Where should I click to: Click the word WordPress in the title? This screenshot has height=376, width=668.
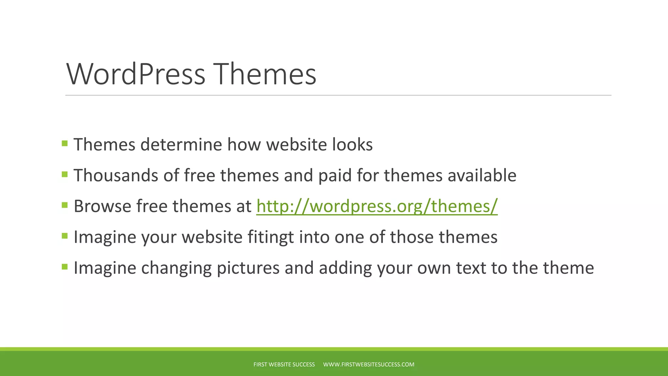136,74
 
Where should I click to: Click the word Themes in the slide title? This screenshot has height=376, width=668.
265,74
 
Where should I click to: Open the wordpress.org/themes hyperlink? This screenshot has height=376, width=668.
377,206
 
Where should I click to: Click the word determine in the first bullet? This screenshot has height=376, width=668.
181,145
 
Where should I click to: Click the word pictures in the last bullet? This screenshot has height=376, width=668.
248,268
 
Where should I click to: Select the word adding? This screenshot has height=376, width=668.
345,268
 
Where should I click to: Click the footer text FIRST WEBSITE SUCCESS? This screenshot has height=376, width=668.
284,365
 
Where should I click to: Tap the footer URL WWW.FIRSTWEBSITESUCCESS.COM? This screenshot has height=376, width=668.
369,365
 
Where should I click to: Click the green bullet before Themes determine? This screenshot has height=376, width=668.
65,143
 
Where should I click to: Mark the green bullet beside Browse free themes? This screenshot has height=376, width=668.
65,205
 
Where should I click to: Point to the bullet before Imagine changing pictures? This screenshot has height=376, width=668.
65,267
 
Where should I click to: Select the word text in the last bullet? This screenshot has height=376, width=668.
471,268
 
